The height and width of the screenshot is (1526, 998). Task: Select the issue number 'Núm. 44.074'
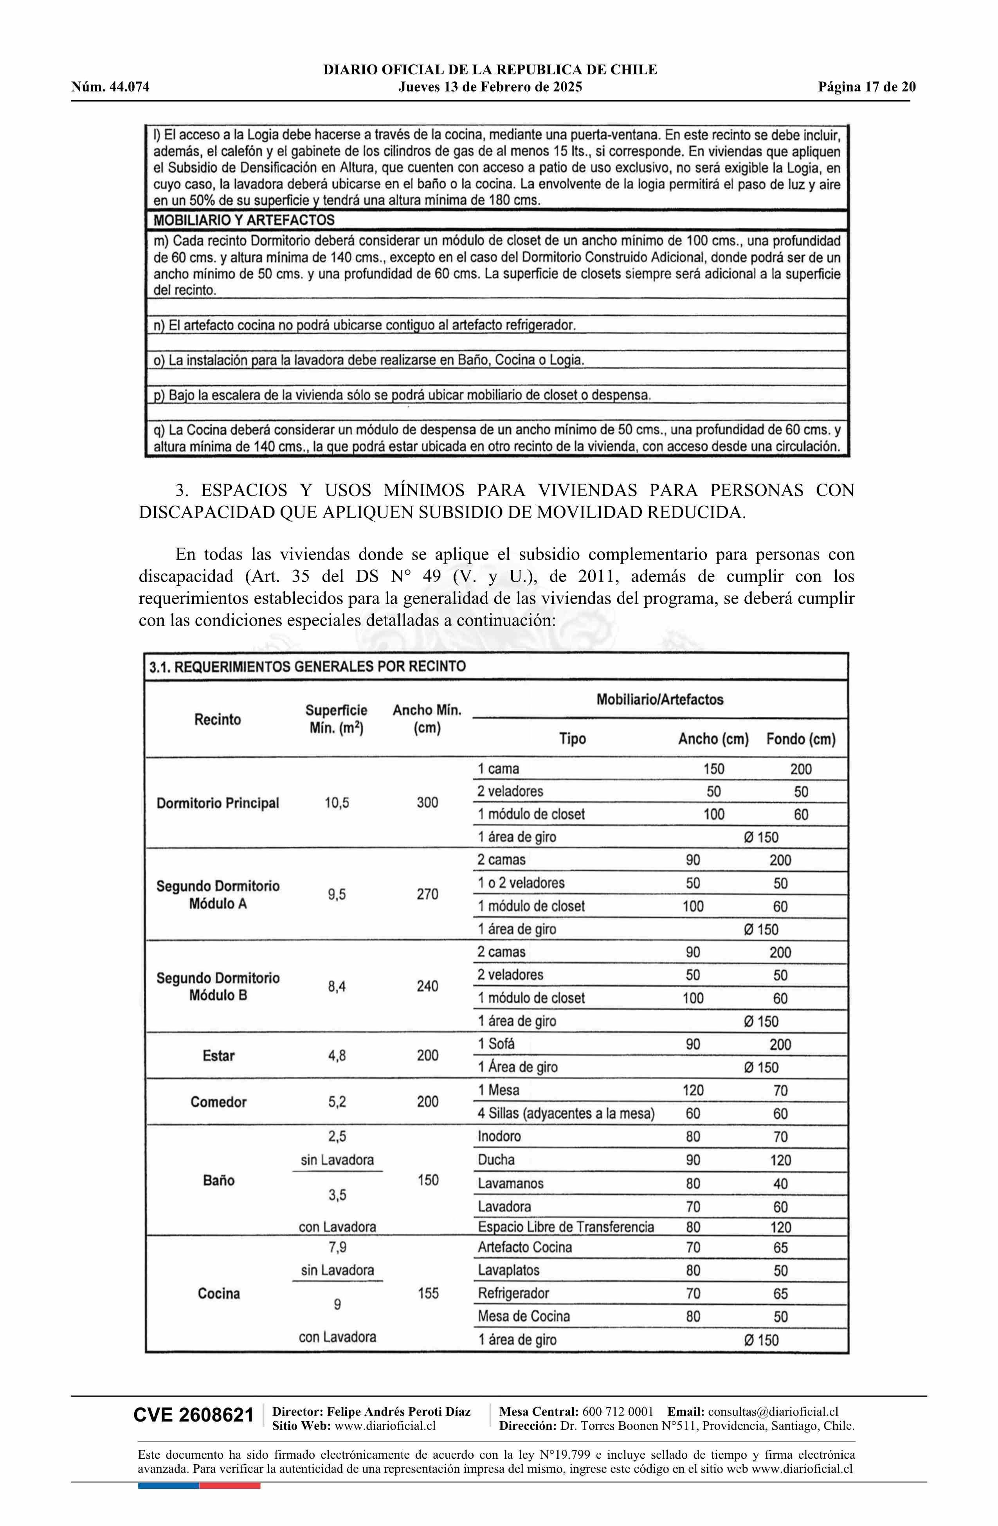(x=110, y=87)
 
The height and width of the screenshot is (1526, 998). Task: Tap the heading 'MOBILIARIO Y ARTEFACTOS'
(x=244, y=220)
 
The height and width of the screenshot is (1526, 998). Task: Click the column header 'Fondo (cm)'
(x=800, y=739)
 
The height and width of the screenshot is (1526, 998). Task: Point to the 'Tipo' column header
(x=572, y=739)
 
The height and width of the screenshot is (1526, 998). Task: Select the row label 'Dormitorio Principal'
(x=218, y=803)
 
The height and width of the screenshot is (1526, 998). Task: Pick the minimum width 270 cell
(x=427, y=894)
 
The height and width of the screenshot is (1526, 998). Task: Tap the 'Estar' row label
(x=218, y=1055)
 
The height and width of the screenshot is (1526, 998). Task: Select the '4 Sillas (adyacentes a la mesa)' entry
(x=566, y=1113)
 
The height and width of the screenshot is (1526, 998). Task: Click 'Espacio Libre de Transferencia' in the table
(x=566, y=1227)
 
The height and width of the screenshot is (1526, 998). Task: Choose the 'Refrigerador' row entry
(x=513, y=1293)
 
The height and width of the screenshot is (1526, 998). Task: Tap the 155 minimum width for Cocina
(x=428, y=1293)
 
